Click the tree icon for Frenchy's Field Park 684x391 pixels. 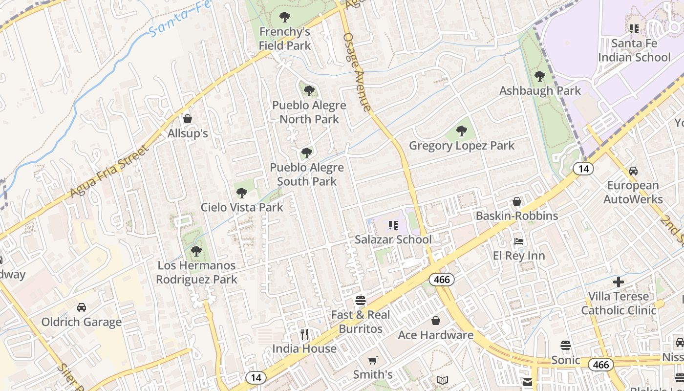tap(285, 18)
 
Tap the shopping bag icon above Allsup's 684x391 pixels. tap(188, 119)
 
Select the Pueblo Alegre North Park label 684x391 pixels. tap(309, 112)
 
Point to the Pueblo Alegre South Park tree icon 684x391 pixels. tap(307, 153)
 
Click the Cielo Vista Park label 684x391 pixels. tap(242, 207)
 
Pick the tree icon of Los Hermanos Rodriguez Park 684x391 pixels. tap(196, 251)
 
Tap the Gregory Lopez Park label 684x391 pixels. tap(461, 146)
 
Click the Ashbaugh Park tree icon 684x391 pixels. tap(540, 76)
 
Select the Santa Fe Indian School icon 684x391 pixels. tap(634, 29)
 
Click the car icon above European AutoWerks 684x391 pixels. tap(633, 171)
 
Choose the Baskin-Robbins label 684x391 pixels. tap(516, 216)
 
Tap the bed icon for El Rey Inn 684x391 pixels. tap(519, 241)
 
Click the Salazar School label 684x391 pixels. tap(393, 239)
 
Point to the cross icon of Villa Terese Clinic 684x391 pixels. tap(619, 282)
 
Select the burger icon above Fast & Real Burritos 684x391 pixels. tap(361, 300)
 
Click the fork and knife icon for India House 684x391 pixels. tap(304, 334)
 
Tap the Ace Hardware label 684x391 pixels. tap(435, 335)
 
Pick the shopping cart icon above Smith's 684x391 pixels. tap(373, 361)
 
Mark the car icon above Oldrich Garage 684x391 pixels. tap(82, 307)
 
